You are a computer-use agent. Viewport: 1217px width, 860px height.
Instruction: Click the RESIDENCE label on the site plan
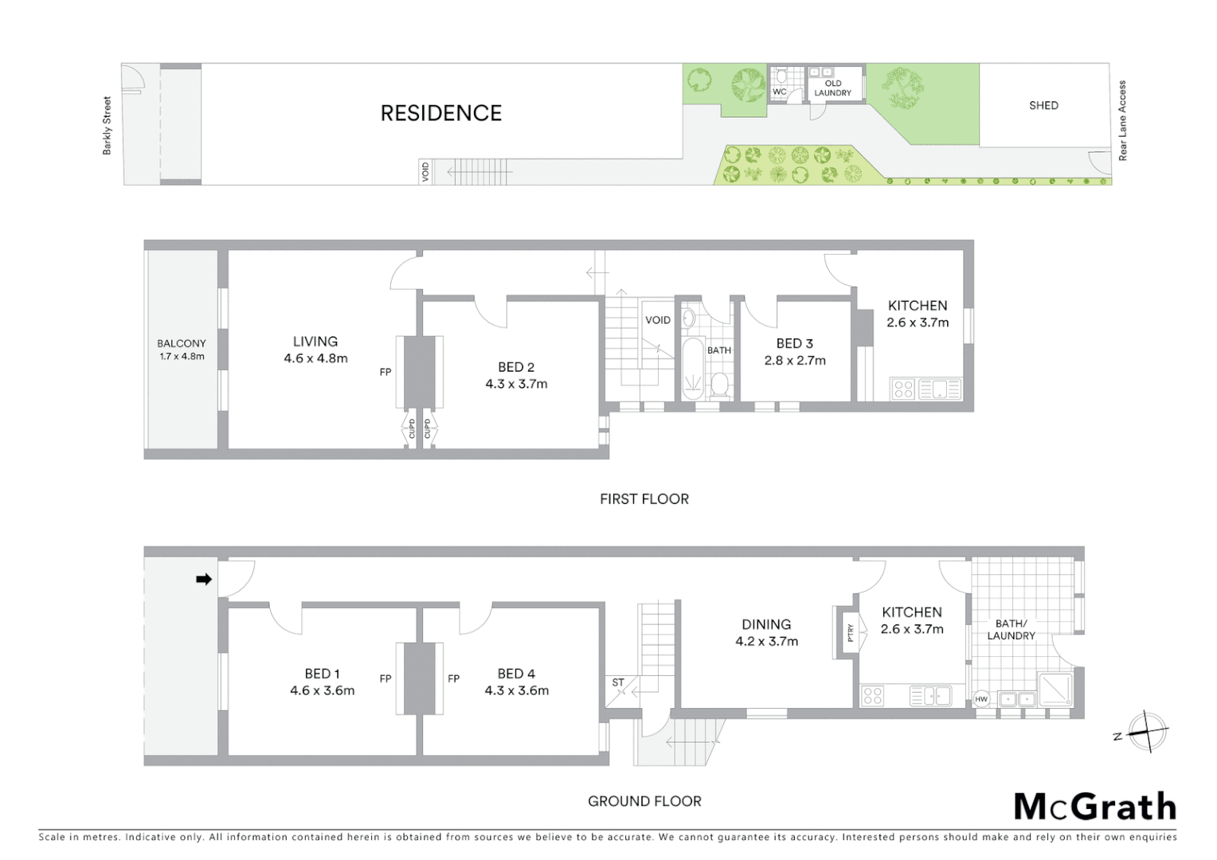click(440, 113)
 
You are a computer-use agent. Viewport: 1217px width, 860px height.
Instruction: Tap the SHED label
click(1043, 105)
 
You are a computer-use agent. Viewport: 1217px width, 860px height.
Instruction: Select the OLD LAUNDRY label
click(832, 88)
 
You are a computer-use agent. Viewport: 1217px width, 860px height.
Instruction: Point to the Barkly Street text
click(108, 126)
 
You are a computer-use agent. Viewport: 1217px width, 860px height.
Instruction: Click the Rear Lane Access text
click(1123, 120)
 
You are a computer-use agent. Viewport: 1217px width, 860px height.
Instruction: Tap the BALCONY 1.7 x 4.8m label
click(182, 350)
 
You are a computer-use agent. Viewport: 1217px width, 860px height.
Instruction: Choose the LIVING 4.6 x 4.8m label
click(315, 350)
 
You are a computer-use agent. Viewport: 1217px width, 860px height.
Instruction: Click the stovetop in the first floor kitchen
click(902, 389)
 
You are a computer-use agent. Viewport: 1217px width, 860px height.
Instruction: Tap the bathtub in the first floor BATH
click(693, 369)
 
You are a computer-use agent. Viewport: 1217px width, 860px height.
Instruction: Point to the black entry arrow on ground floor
click(204, 579)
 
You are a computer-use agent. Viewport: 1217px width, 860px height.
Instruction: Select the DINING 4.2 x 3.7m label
click(766, 632)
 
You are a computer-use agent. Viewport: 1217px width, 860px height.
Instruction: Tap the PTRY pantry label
click(850, 632)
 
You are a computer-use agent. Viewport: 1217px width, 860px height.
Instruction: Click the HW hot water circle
click(981, 700)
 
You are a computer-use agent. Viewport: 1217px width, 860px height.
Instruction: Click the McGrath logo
click(1094, 807)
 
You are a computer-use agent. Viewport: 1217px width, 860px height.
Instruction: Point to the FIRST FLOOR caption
click(644, 499)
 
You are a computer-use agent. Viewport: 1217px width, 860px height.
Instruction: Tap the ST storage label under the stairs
click(618, 682)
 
